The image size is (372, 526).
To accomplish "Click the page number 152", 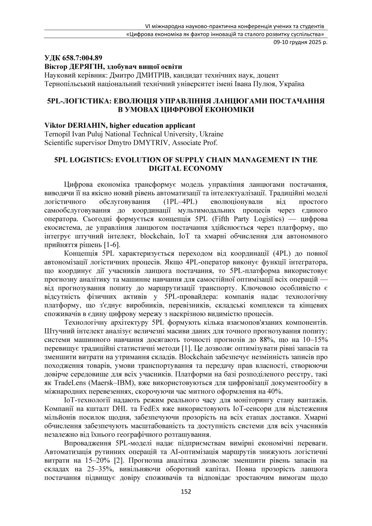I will (186, 492).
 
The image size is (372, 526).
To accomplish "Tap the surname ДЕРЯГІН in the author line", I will (85, 67).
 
